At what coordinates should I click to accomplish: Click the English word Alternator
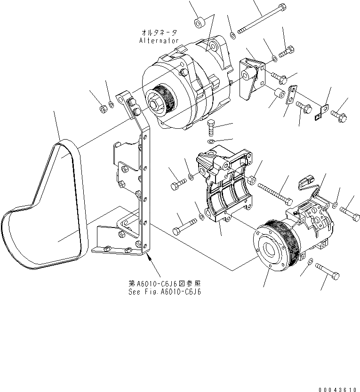pos(159,40)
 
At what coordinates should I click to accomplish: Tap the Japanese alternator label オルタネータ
pos(159,32)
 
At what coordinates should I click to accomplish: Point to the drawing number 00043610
pos(337,389)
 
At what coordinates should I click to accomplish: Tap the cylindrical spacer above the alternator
pos(200,22)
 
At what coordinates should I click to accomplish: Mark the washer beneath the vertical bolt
pos(211,141)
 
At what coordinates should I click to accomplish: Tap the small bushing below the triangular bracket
pos(278,95)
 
